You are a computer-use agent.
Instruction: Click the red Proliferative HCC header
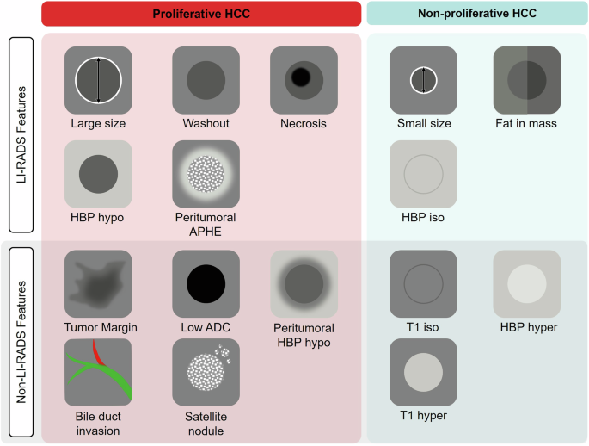tap(200, 14)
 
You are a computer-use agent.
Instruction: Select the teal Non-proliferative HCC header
tap(477, 14)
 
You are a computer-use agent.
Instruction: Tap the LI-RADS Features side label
tap(22, 135)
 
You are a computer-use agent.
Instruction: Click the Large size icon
tap(98, 80)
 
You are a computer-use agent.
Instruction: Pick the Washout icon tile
tap(206, 80)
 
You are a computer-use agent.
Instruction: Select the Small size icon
tap(423, 80)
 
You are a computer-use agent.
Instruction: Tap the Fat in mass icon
tap(526, 80)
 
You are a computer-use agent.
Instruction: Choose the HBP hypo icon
tap(98, 174)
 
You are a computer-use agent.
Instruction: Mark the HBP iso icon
tap(423, 174)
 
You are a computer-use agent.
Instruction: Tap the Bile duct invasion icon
tap(98, 372)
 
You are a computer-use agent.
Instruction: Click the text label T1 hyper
tap(423, 416)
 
